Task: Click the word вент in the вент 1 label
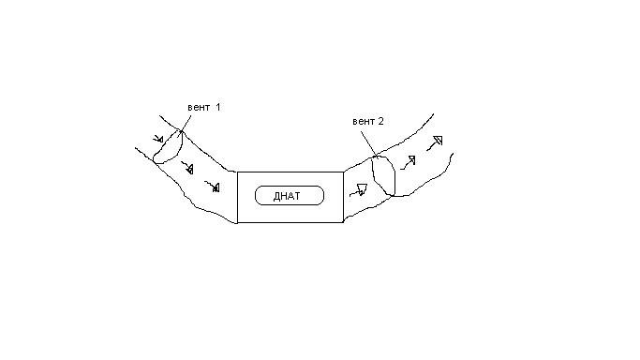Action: click(x=199, y=108)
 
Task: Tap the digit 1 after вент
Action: click(x=217, y=107)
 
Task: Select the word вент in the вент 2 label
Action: click(x=364, y=121)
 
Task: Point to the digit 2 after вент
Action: click(x=380, y=121)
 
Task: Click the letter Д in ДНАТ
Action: click(x=277, y=196)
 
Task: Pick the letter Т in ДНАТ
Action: click(x=297, y=196)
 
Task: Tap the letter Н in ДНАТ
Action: click(x=284, y=196)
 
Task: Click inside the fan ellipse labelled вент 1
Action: click(x=168, y=147)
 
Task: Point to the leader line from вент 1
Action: click(x=185, y=125)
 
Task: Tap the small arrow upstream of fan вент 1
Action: click(x=158, y=139)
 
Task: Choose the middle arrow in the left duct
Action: click(x=187, y=168)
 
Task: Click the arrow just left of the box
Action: click(x=213, y=187)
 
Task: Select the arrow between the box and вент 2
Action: click(x=358, y=190)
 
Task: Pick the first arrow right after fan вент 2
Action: click(x=408, y=162)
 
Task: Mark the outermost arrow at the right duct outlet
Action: click(x=435, y=142)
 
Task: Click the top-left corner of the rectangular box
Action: click(x=238, y=172)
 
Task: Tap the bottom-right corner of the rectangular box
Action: click(x=343, y=222)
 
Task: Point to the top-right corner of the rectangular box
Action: click(x=343, y=172)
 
